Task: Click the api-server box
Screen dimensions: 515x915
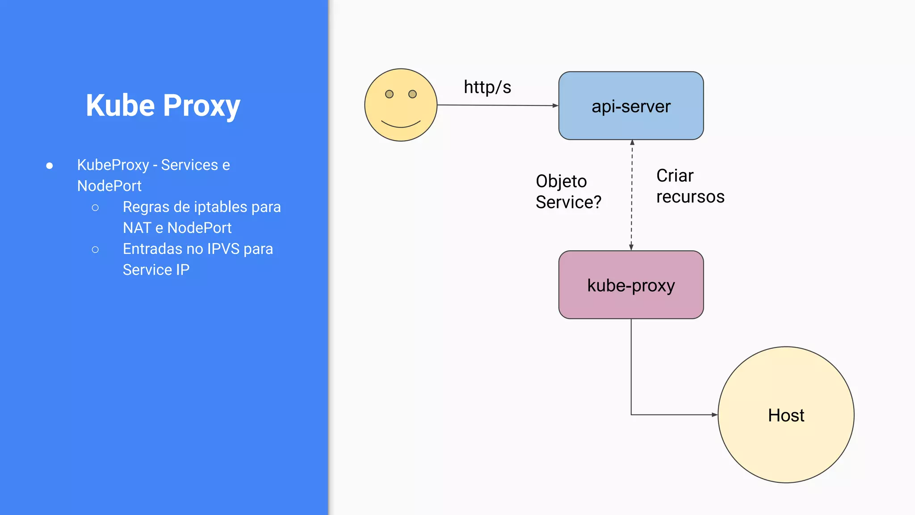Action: coord(631,106)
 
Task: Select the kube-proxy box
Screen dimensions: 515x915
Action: coord(631,285)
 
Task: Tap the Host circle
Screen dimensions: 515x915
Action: coord(786,415)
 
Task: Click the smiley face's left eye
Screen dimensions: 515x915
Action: coord(389,94)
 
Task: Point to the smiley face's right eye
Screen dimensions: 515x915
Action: coord(412,94)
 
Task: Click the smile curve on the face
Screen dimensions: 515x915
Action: coord(401,126)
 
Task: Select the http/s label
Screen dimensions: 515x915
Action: coord(487,87)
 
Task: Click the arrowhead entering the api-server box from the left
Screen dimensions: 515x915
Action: coord(555,106)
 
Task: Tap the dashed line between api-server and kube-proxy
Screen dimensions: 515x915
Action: coord(631,197)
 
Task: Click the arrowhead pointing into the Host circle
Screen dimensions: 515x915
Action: coord(714,415)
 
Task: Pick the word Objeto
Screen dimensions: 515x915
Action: coord(561,181)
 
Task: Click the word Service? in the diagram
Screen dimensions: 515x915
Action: coord(568,202)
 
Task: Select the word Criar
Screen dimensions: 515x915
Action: coord(675,176)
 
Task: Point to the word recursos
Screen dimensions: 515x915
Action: coord(690,197)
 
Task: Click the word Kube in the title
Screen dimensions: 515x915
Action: coord(120,106)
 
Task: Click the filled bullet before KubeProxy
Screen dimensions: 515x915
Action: coord(50,166)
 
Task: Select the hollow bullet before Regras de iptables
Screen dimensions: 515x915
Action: coord(95,207)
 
